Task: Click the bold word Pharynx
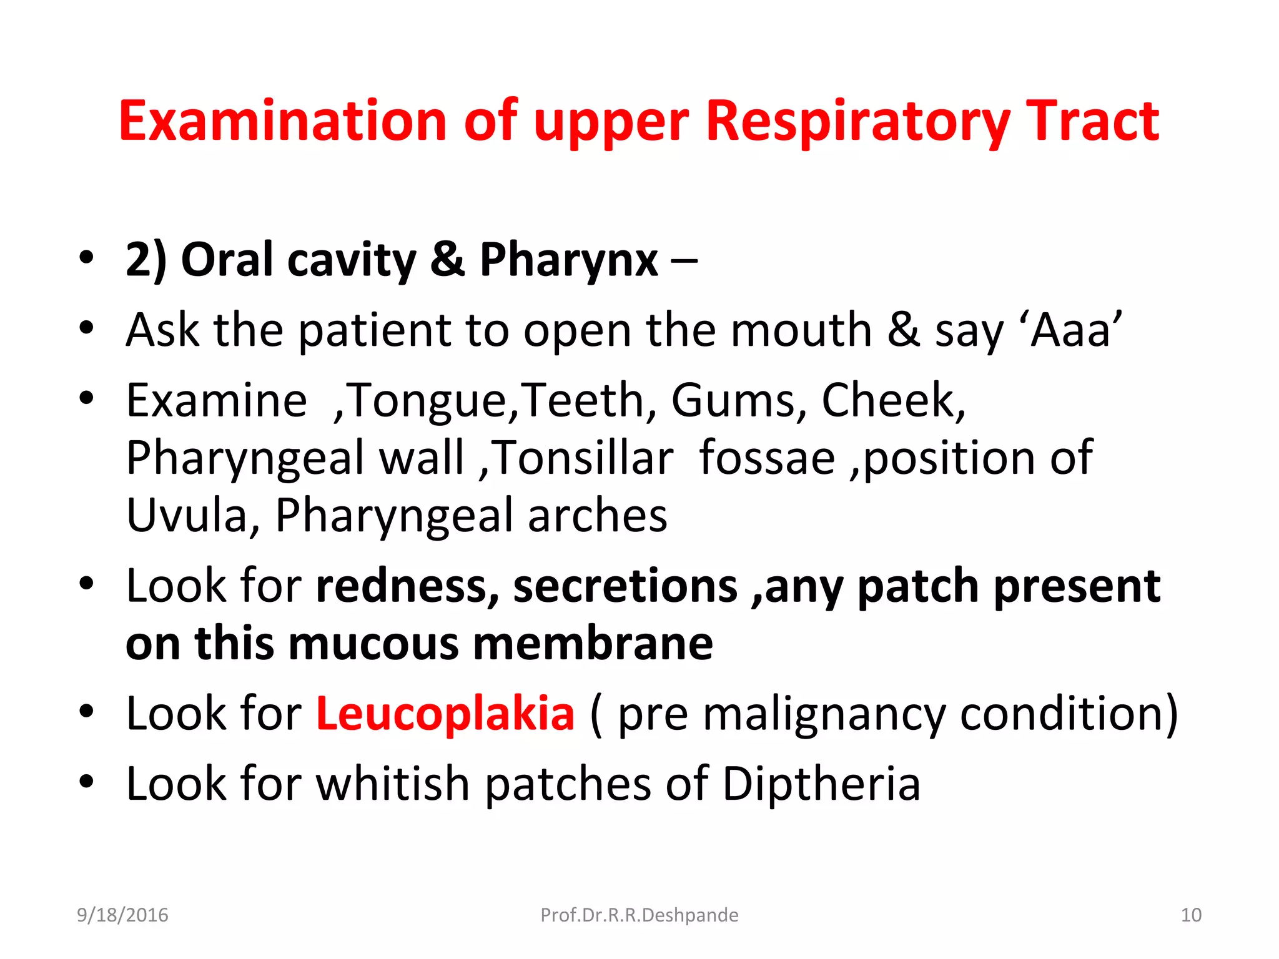(568, 260)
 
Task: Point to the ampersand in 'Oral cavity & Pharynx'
(447, 260)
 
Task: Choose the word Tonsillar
(585, 458)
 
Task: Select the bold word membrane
(593, 644)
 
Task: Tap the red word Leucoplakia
(445, 714)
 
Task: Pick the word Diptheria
(821, 784)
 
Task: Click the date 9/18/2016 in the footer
(122, 915)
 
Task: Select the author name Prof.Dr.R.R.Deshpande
(639, 915)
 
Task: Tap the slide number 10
(1191, 915)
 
